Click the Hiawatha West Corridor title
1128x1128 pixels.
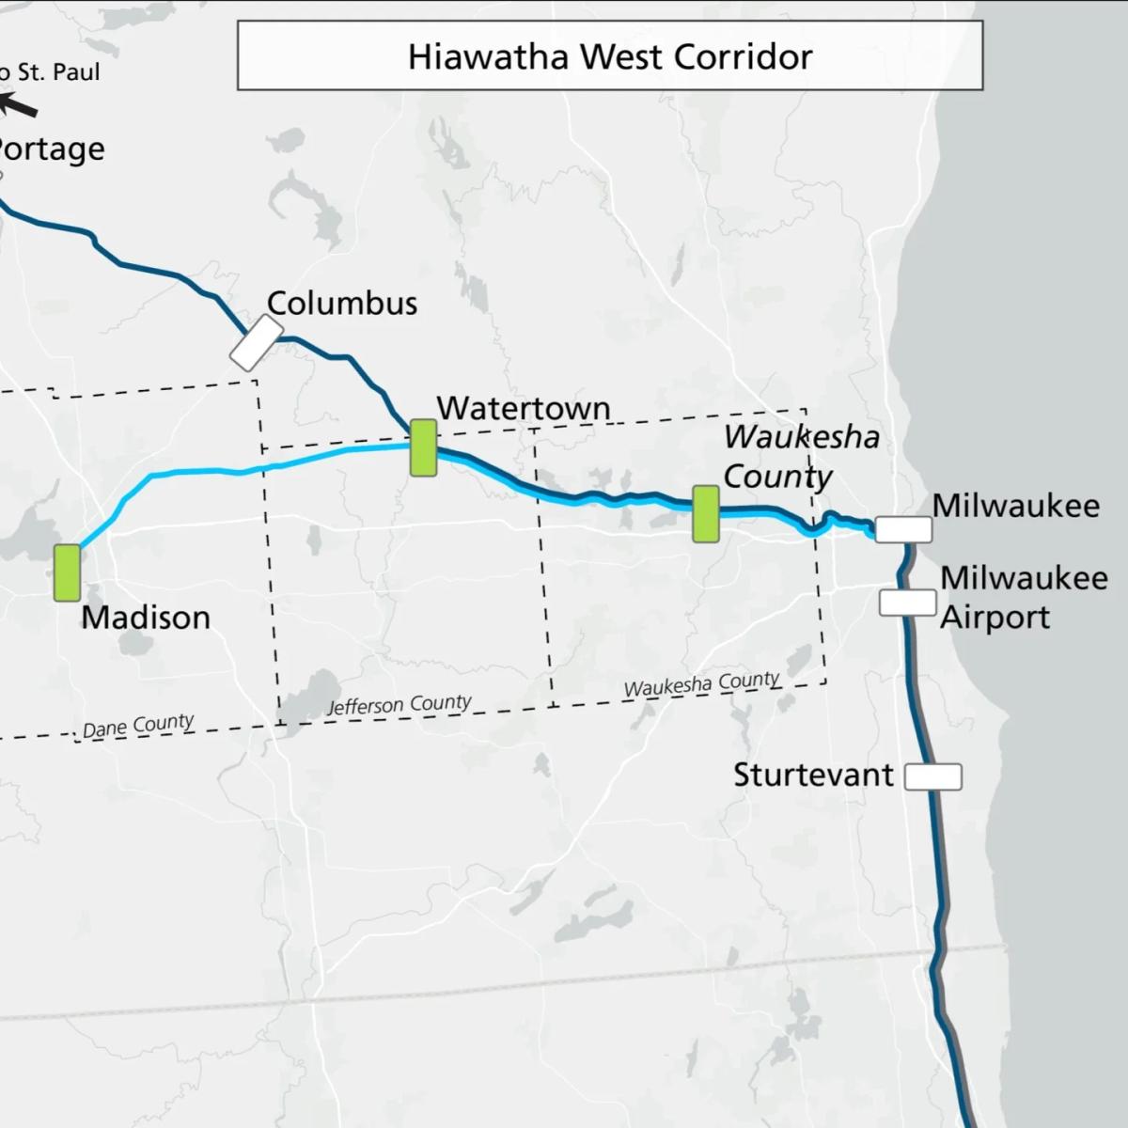[609, 56]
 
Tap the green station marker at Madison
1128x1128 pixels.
[67, 572]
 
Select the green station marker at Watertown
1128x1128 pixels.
[423, 447]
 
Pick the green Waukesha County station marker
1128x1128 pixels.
[706, 513]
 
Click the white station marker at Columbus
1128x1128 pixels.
[256, 343]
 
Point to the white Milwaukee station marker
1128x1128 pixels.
[903, 529]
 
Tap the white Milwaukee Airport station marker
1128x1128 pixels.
[907, 603]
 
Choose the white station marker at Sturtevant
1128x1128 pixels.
[932, 776]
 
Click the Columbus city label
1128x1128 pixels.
[342, 304]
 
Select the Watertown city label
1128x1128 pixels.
[524, 408]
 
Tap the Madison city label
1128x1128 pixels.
[146, 618]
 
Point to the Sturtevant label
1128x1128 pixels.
[813, 775]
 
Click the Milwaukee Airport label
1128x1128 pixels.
[1023, 597]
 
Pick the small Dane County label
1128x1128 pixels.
[138, 726]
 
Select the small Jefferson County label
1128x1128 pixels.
[399, 705]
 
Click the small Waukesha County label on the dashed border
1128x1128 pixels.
[701, 684]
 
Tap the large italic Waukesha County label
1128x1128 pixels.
[801, 456]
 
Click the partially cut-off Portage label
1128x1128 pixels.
[52, 149]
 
